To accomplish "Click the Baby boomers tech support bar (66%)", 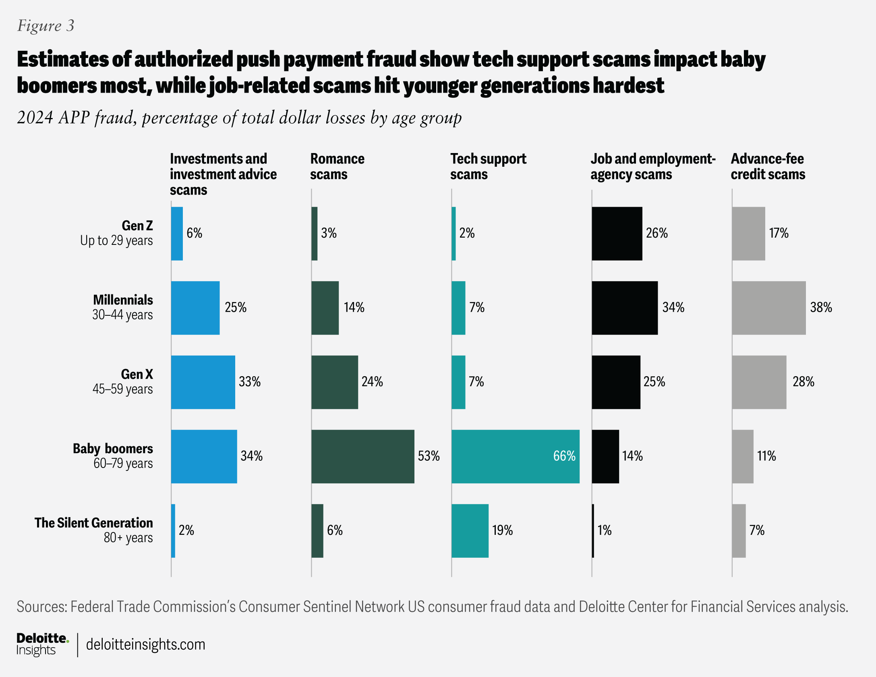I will click(x=515, y=456).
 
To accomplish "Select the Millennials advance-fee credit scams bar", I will click(x=768, y=308).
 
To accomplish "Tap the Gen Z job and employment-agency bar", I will click(x=617, y=234).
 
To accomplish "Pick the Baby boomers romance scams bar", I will click(x=362, y=456).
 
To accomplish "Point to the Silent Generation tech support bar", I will click(x=470, y=530).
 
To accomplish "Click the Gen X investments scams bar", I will click(x=203, y=382).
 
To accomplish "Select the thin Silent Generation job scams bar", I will click(x=593, y=530).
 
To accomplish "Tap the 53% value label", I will click(x=429, y=456).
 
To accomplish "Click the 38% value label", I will click(x=821, y=307).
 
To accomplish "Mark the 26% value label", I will click(x=656, y=233).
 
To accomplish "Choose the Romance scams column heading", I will click(x=337, y=166).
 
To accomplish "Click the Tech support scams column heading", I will click(x=488, y=166).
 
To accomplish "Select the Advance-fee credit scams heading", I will click(x=768, y=166).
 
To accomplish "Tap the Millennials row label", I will click(x=122, y=307).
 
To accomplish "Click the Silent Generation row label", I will click(x=93, y=530).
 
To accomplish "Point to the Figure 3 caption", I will click(x=46, y=26).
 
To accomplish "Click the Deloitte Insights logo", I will click(x=42, y=644).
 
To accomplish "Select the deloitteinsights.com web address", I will click(x=145, y=644).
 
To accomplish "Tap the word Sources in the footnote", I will click(x=41, y=607).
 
